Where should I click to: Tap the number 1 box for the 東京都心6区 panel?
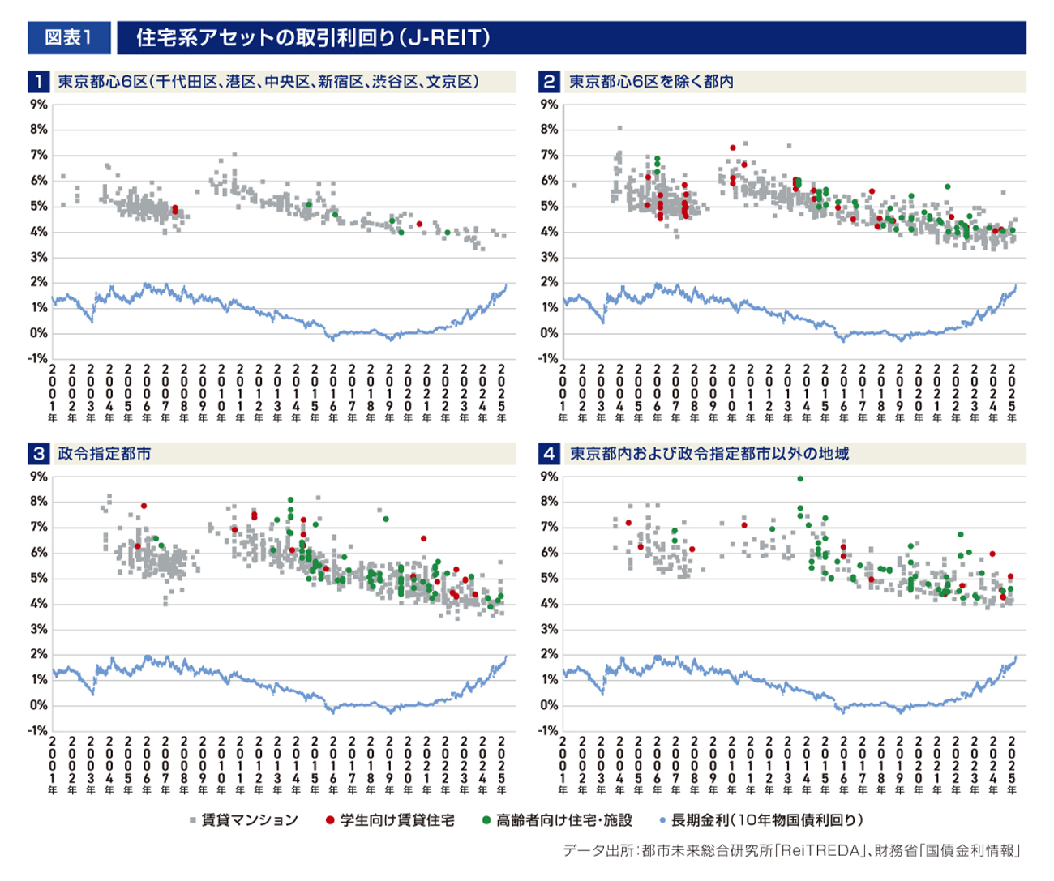point(38,82)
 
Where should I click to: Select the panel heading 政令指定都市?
point(104,454)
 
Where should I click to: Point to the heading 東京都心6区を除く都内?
point(651,82)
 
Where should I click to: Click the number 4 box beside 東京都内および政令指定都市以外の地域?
point(549,454)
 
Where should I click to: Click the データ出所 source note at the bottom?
point(791,850)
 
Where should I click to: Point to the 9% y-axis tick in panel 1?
point(38,105)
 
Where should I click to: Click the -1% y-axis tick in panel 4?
point(548,730)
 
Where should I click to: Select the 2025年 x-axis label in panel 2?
point(1012,393)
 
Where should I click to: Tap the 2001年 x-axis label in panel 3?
point(54,765)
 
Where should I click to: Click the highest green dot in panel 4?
point(800,479)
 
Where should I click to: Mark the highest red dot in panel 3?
point(144,506)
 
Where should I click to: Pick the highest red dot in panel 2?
point(732,148)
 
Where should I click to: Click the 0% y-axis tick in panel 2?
point(549,333)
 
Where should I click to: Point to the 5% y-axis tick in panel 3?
point(38,578)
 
